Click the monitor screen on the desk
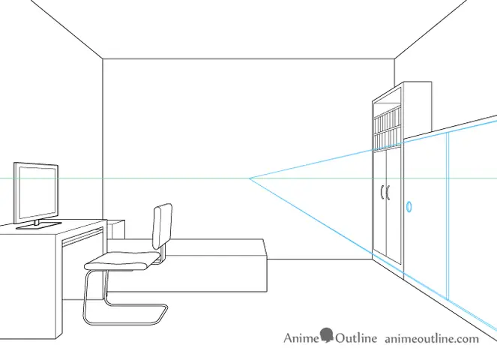(x=36, y=191)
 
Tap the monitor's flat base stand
(x=38, y=225)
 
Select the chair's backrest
(x=162, y=226)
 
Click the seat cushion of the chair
(x=122, y=261)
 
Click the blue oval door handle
(x=409, y=206)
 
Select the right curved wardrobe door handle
(x=388, y=193)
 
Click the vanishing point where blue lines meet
(x=250, y=178)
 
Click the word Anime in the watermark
(x=301, y=338)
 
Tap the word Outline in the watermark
(x=356, y=338)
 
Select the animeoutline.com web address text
(x=432, y=339)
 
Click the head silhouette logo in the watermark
(x=327, y=335)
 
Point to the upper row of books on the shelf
(x=387, y=116)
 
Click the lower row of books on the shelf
(x=387, y=137)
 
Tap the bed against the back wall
(x=187, y=265)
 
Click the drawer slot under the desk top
(x=83, y=236)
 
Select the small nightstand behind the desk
(x=116, y=229)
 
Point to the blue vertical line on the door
(x=448, y=216)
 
